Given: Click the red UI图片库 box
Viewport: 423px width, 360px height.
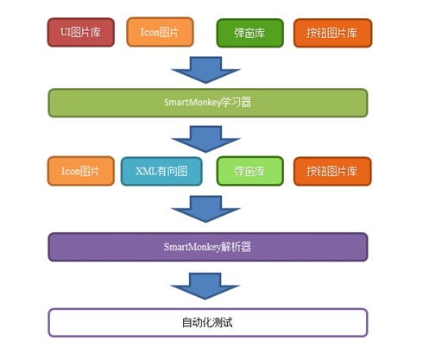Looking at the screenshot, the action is coord(81,32).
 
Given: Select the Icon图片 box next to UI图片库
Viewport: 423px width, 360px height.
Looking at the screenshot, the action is coord(160,32).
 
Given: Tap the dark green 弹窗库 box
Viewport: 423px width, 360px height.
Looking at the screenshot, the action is coord(250,33).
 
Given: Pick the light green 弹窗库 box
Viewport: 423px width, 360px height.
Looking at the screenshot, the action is coord(250,171).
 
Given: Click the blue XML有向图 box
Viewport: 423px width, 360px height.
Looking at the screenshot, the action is coord(161,171).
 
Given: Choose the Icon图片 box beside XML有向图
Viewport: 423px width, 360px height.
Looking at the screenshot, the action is coord(81,171).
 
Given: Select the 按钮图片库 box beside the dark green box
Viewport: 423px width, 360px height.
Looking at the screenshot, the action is coord(333,33).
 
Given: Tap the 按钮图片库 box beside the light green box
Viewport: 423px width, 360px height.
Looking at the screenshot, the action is coord(332,171).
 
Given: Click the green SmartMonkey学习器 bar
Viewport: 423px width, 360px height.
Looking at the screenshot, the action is coord(208,103).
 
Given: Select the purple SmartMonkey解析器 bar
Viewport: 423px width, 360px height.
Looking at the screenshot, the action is coord(208,247).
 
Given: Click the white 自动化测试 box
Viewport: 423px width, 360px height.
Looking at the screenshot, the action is coord(208,323).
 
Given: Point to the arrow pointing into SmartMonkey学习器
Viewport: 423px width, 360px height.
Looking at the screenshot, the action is coord(205,70).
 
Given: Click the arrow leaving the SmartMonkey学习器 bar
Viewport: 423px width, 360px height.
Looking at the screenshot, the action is coord(205,139).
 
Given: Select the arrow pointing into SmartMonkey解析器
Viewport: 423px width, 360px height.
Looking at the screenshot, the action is coord(205,209).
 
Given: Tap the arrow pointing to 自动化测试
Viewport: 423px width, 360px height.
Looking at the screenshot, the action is coord(205,287).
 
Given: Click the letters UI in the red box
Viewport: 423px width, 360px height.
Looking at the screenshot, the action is coord(66,32).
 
